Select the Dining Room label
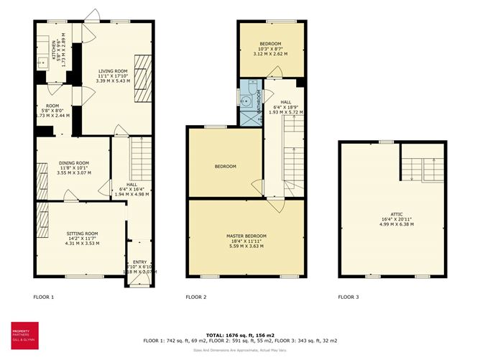tap(74, 163)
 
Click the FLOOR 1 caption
tap(44, 297)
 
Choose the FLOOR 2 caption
tap(196, 297)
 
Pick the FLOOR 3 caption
tap(349, 297)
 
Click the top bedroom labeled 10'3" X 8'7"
tap(272, 48)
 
